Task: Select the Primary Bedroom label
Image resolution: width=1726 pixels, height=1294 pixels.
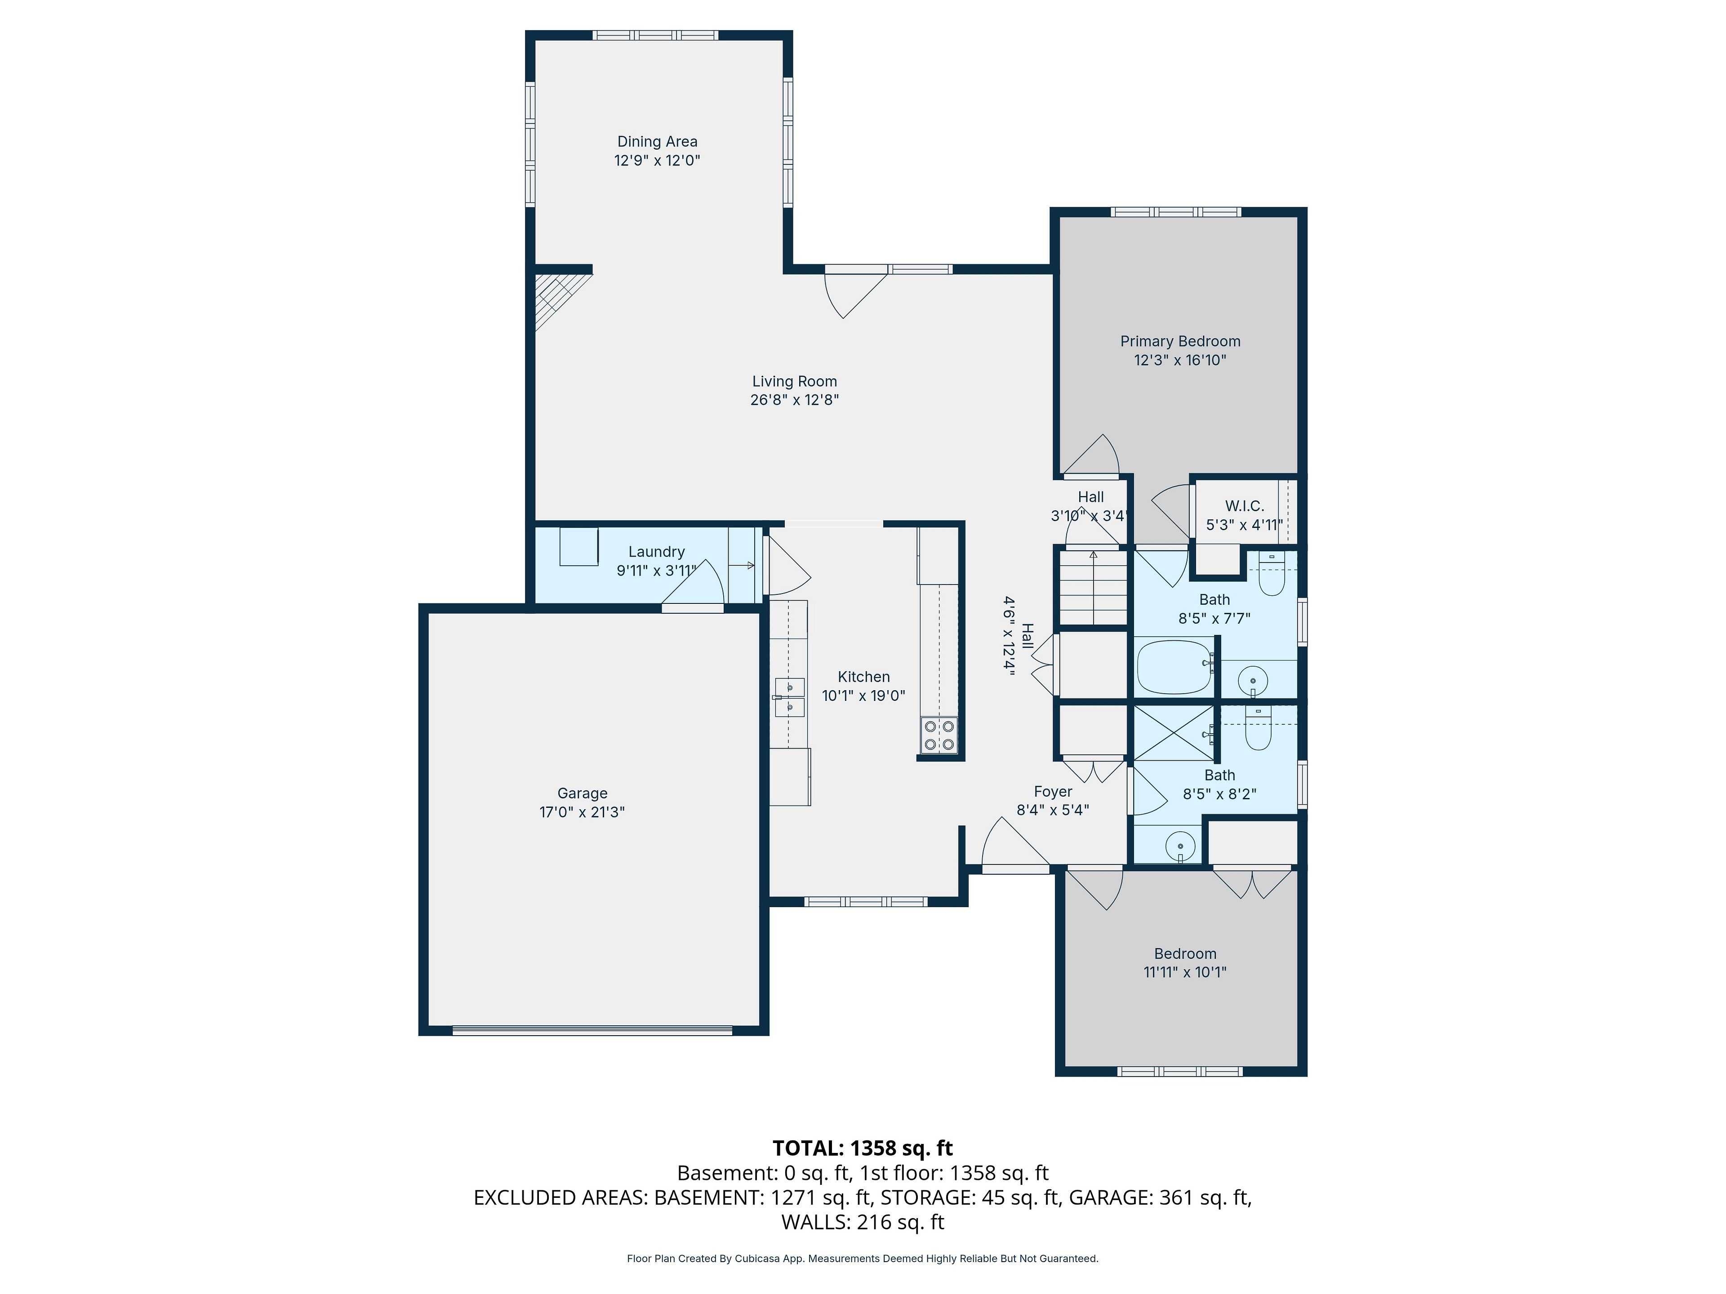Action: click(1180, 341)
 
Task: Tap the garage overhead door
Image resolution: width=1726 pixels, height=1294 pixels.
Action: click(592, 1030)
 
